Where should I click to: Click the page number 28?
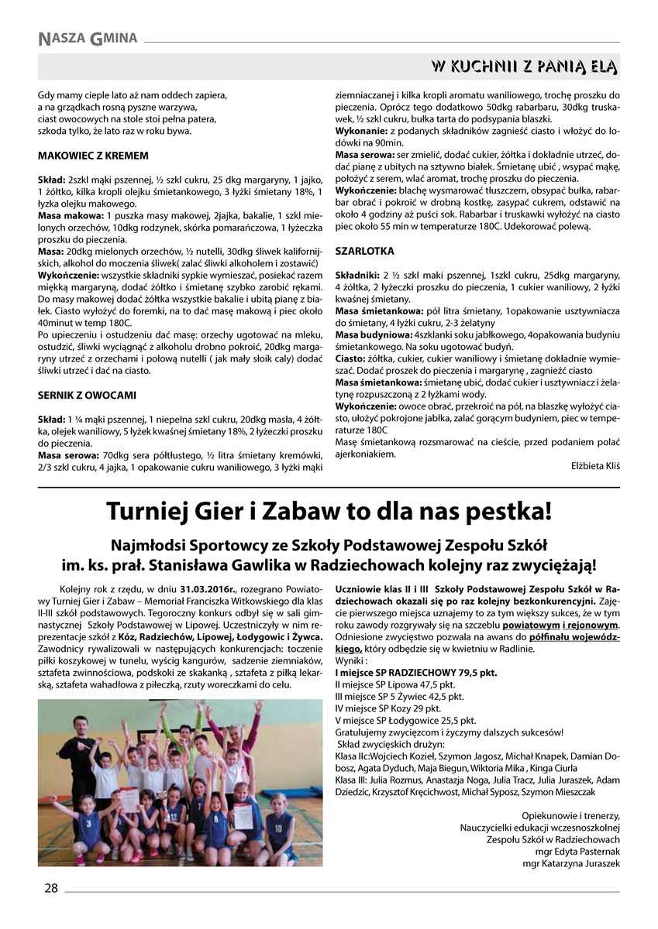[50, 889]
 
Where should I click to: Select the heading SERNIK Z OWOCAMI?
[87, 395]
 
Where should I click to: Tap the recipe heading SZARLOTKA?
[364, 252]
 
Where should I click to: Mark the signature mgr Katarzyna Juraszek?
[572, 864]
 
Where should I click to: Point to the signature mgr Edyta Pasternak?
[574, 852]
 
